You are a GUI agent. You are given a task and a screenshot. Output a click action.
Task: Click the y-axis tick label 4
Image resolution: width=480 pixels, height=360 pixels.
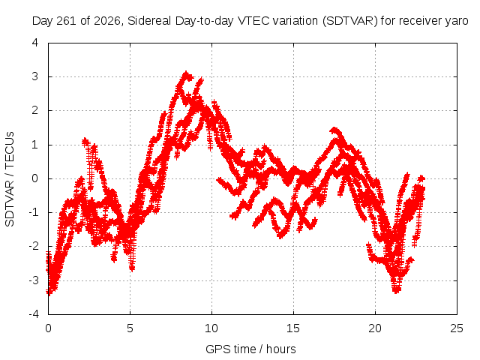click(35, 43)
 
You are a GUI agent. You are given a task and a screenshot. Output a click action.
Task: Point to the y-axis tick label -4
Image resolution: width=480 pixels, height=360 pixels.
click(34, 314)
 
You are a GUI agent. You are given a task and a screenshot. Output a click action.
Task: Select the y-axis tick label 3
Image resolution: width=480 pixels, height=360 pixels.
click(35, 76)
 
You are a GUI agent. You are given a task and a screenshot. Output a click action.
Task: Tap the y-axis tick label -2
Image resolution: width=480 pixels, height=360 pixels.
click(34, 246)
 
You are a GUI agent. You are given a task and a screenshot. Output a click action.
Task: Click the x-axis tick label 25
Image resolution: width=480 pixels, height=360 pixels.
click(457, 328)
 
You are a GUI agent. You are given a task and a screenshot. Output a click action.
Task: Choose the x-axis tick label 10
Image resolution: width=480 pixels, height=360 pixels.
click(211, 328)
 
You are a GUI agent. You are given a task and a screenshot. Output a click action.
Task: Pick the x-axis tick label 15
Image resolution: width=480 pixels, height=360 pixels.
click(293, 328)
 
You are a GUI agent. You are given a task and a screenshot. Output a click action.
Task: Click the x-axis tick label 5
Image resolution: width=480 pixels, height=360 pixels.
click(130, 328)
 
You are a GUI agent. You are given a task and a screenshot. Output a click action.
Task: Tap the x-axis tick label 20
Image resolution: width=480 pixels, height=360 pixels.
click(375, 328)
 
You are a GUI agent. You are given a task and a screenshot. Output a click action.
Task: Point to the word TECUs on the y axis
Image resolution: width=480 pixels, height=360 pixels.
click(10, 150)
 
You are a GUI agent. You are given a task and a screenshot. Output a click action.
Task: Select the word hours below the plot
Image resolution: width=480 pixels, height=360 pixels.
click(281, 349)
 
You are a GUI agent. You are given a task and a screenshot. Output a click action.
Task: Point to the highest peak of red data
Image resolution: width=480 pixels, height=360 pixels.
click(186, 73)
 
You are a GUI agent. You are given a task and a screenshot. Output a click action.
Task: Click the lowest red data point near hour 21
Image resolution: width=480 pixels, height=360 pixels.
click(397, 291)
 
